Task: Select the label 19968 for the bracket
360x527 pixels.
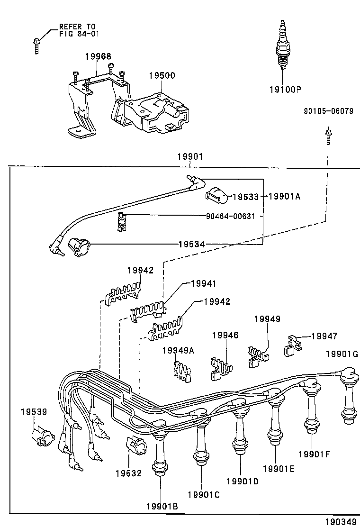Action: click(98, 56)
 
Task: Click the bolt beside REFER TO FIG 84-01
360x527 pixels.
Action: click(37, 45)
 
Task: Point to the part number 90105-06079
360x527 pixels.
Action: click(328, 111)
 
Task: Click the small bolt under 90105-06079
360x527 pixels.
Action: click(328, 136)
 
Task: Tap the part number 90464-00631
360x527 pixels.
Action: click(230, 216)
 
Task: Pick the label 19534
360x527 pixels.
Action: click(191, 244)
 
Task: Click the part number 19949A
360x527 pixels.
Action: click(178, 350)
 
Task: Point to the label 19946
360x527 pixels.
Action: click(225, 335)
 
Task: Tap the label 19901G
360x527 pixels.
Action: click(342, 354)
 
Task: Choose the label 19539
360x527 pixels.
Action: click(34, 412)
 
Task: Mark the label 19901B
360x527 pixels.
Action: click(162, 506)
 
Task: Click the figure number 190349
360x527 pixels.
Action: click(340, 521)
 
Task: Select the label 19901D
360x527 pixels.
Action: click(242, 481)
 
